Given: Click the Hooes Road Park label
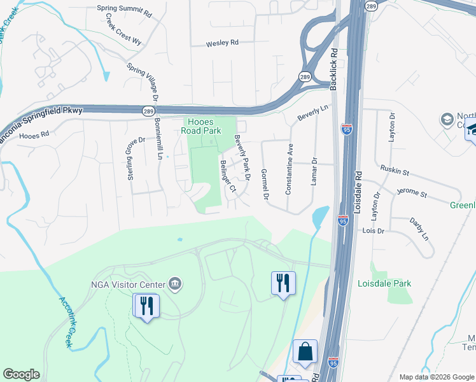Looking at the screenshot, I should (x=203, y=125).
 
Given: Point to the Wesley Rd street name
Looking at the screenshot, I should (x=221, y=44).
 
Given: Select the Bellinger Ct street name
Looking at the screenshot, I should (x=227, y=176).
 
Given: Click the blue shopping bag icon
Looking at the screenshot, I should (x=305, y=351).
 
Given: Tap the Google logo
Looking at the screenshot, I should (x=21, y=374).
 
